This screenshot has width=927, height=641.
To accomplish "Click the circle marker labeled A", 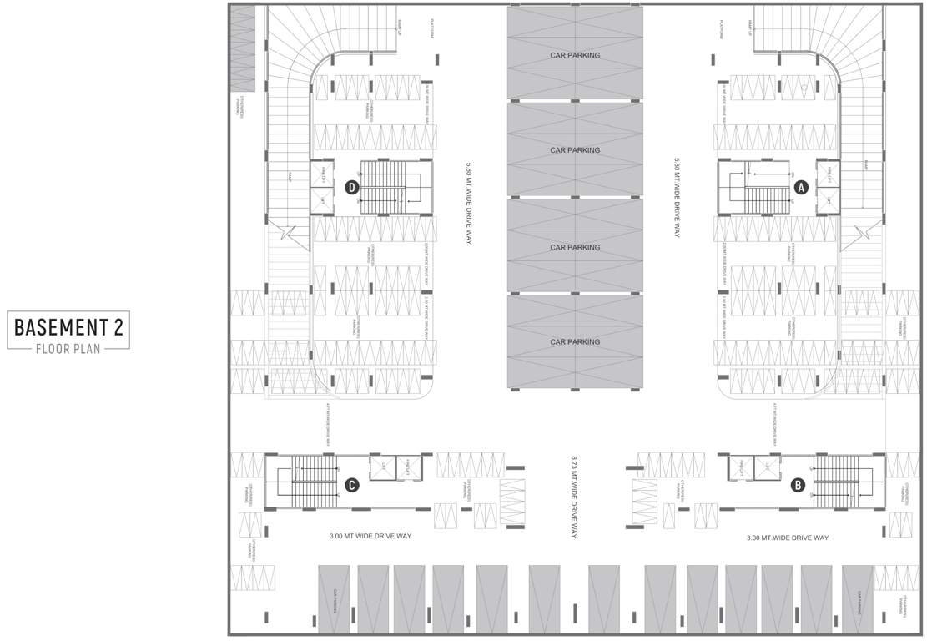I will pos(802,188).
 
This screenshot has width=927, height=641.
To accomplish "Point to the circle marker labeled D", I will pos(352,188).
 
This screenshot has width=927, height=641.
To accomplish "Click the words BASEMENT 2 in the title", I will pos(69,327).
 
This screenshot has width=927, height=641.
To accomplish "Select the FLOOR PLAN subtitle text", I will pos(69,348).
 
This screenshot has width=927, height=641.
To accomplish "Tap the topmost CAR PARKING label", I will pos(575,55).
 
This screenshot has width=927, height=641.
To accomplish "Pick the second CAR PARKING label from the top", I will pos(575,150).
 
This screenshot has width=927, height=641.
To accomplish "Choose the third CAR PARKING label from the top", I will pos(575,247).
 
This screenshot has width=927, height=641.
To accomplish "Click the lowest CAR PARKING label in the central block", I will pos(575,341).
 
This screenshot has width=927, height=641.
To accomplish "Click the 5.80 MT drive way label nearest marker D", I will pos(469,201).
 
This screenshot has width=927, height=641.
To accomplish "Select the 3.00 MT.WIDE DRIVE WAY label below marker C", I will pos(370,537).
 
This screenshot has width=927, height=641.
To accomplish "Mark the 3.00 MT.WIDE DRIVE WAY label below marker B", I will pos(788,538).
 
